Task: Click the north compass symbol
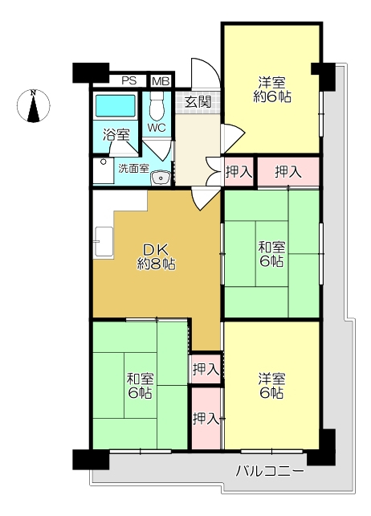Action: tap(33, 106)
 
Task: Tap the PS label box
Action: tap(128, 81)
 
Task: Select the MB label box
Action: tap(161, 81)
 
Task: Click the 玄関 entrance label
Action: tap(198, 102)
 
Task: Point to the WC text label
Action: tap(156, 128)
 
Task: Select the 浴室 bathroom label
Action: tap(116, 135)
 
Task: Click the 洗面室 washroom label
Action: tap(133, 169)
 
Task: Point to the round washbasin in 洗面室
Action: tap(162, 178)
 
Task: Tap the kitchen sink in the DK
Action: tap(104, 240)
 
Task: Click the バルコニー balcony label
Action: tap(270, 471)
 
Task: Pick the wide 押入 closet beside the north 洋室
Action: tap(287, 171)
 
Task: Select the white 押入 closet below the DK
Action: tap(206, 370)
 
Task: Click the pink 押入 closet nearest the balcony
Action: tap(206, 419)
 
